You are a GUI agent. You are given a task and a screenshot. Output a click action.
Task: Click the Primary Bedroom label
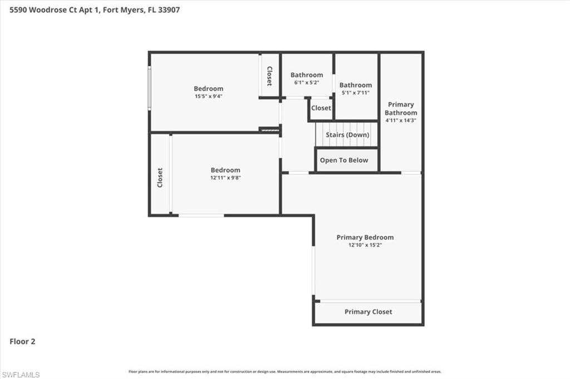click(365, 237)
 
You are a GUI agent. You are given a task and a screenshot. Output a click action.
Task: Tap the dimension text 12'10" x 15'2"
click(365, 245)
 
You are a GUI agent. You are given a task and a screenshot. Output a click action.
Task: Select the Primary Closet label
click(368, 312)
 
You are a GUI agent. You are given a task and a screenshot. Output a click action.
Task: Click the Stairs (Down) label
click(347, 134)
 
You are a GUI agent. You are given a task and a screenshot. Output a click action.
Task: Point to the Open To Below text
click(344, 160)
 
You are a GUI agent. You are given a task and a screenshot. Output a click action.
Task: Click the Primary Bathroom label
click(401, 108)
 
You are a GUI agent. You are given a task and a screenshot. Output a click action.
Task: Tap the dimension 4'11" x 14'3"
click(401, 120)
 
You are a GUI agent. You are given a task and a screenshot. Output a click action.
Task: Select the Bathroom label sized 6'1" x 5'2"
click(307, 75)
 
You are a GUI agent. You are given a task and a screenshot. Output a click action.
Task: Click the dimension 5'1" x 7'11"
click(355, 93)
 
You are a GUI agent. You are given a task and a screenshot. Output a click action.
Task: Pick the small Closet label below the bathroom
click(321, 108)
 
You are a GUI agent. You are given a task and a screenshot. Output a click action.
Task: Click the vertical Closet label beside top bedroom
click(269, 76)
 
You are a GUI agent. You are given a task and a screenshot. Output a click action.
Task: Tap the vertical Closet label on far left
click(160, 177)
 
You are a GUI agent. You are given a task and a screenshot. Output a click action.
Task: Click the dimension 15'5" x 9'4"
click(209, 96)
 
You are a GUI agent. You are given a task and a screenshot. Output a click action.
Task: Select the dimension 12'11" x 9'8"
click(225, 178)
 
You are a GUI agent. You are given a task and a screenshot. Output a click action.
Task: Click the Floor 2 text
click(22, 342)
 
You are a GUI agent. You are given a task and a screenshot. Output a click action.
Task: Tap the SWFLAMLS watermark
click(21, 375)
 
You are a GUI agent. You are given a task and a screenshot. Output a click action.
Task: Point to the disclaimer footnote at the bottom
click(284, 371)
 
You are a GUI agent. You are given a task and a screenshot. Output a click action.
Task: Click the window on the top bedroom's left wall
click(149, 88)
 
